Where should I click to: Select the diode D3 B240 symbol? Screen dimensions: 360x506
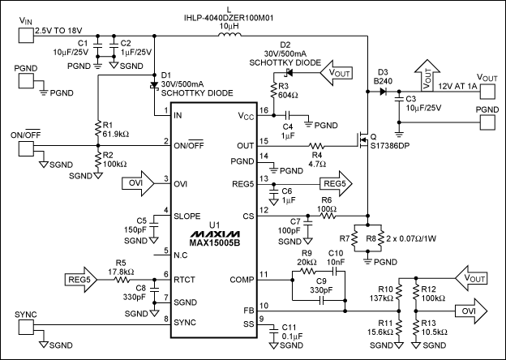coord(384,92)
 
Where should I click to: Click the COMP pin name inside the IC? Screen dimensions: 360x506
coord(241,279)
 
